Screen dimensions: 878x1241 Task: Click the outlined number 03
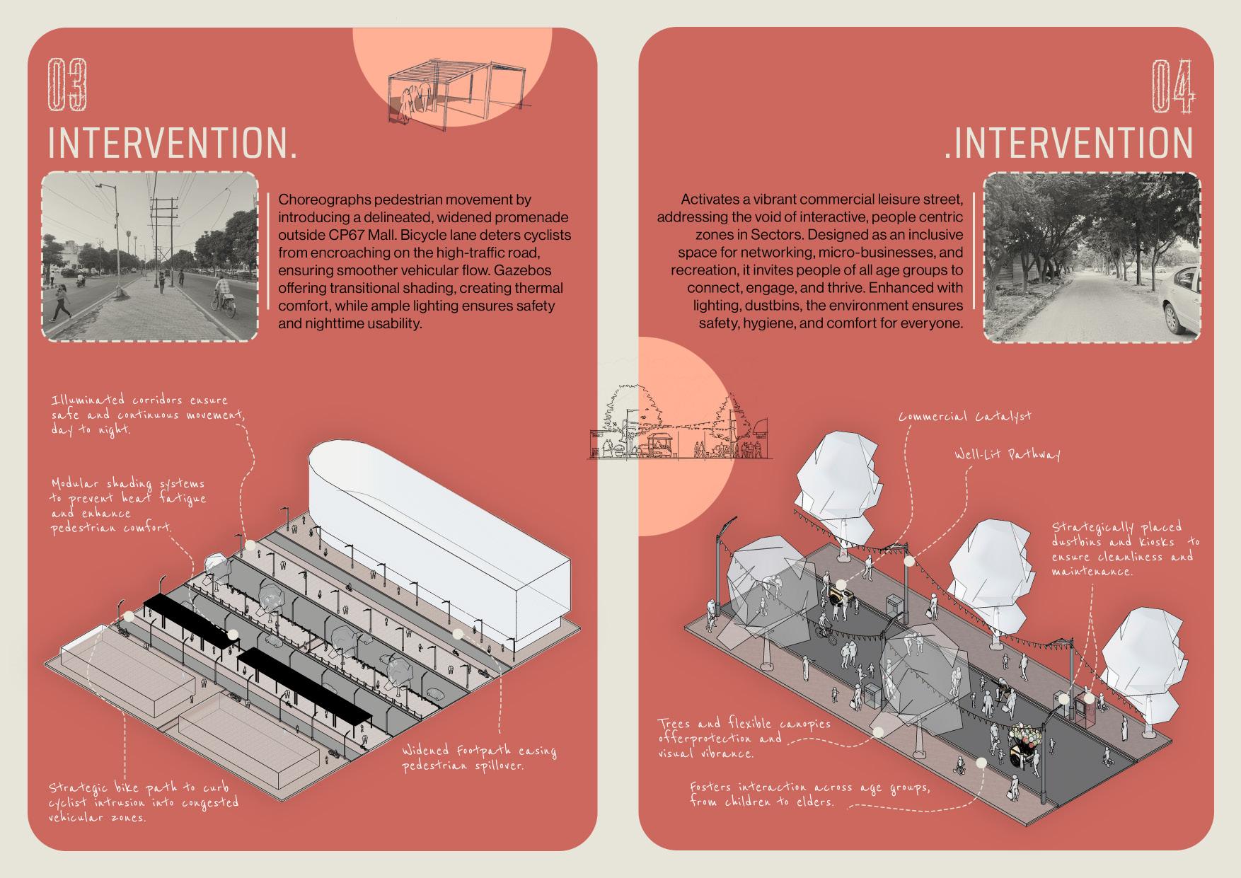tap(67, 86)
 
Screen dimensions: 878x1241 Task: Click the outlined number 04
tap(1172, 86)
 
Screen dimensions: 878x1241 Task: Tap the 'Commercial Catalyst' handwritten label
tap(964, 416)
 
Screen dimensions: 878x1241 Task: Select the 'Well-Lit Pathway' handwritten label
tap(1007, 454)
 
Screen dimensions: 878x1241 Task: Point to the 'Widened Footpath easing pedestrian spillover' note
tap(479, 758)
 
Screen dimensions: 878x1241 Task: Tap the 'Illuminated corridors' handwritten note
tap(147, 415)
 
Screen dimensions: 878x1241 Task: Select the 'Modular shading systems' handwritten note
tap(128, 505)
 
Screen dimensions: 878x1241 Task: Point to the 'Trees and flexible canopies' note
tap(744, 737)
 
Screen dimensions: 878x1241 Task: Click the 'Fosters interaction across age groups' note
tap(809, 794)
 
